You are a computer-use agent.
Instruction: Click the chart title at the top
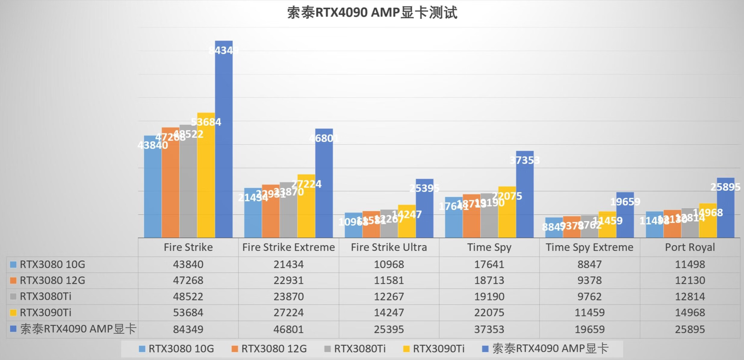(x=372, y=13)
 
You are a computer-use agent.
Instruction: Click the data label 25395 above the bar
(x=424, y=188)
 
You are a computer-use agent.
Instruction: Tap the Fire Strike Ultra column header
(x=389, y=247)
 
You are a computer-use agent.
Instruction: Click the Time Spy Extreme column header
(x=589, y=247)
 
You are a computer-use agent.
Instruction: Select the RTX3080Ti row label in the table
(x=45, y=296)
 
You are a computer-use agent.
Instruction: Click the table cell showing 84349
(x=188, y=329)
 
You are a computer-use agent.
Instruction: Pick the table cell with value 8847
(x=589, y=264)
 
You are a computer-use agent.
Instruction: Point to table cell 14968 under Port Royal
(x=690, y=312)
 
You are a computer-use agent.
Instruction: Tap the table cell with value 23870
(x=288, y=296)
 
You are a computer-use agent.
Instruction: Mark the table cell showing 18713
(x=489, y=280)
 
